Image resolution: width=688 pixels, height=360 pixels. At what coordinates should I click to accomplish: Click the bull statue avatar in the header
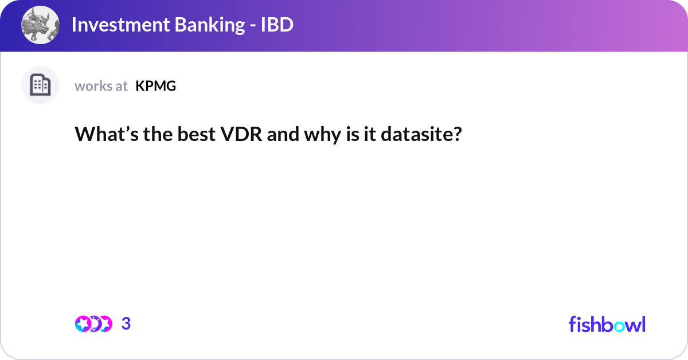[40, 26]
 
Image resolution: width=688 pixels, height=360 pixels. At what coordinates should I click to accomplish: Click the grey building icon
[40, 85]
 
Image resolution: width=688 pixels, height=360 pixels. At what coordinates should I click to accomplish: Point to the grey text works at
[101, 86]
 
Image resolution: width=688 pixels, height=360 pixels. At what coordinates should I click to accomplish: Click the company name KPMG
[155, 86]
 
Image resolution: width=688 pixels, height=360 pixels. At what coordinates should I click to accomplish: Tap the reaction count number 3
[126, 324]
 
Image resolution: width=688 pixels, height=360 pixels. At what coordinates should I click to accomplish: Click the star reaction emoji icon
[83, 324]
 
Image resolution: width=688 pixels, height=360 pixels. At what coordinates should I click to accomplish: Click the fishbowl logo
[607, 324]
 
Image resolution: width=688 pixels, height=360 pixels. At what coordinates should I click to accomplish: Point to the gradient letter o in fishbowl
[617, 325]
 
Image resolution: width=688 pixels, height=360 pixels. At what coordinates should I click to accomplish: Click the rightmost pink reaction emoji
[105, 324]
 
